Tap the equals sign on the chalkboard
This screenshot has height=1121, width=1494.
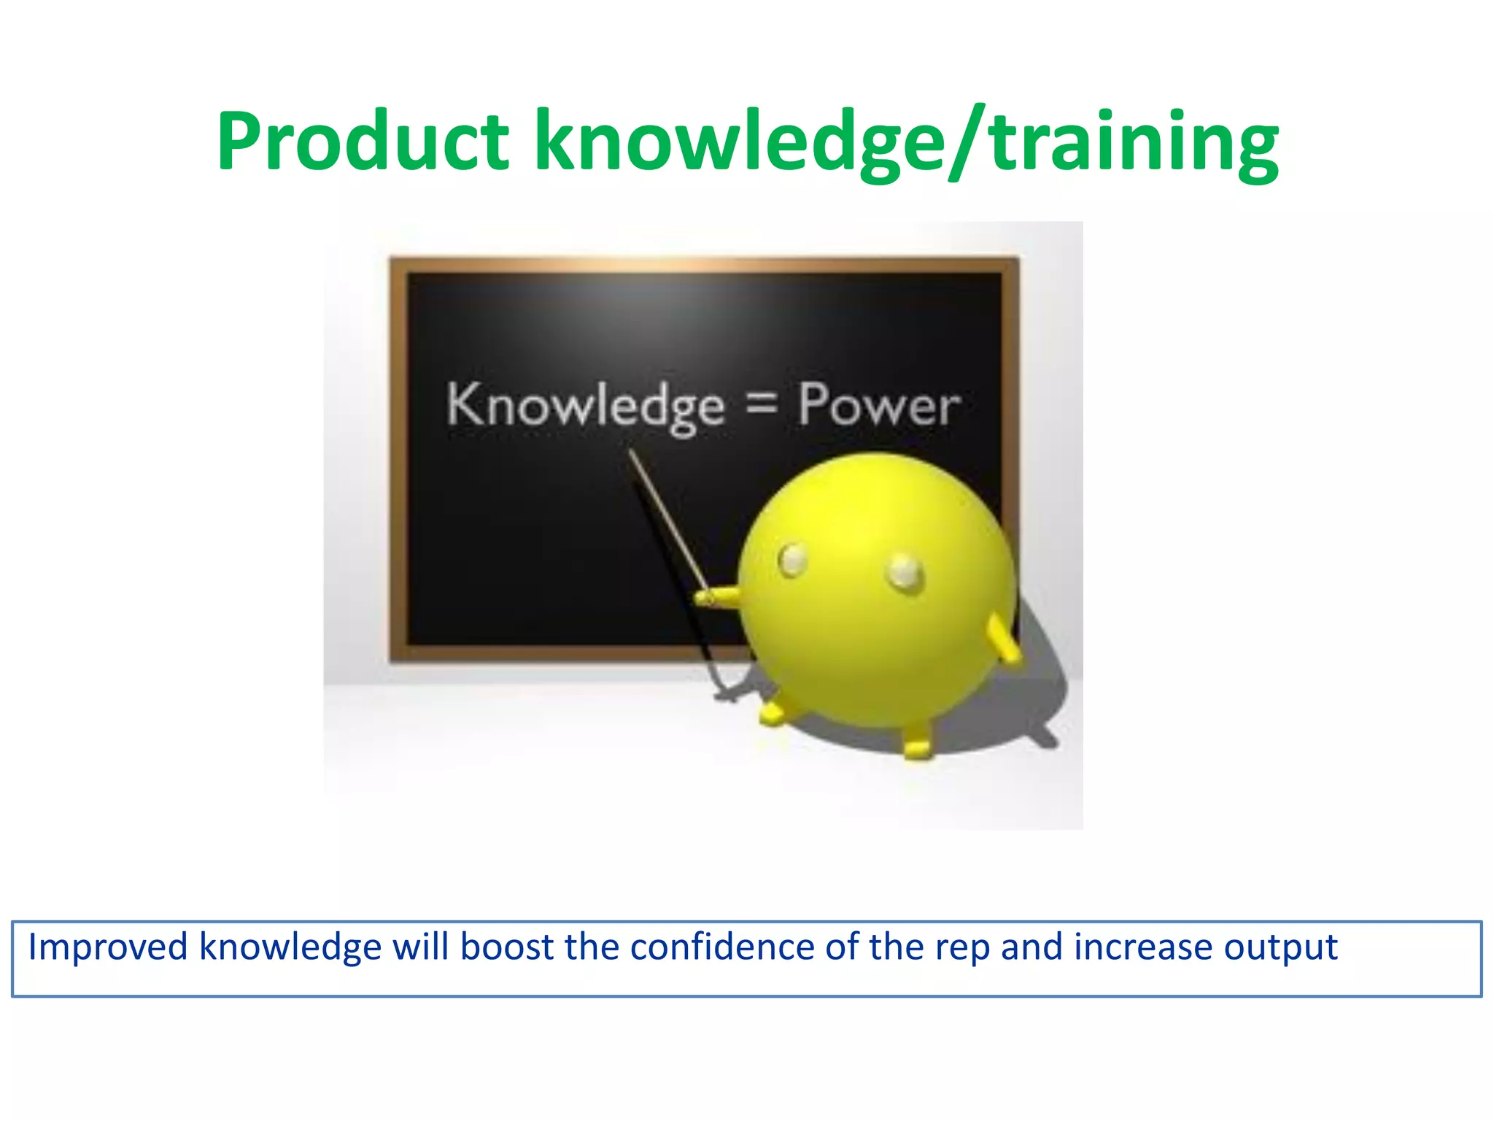coord(762,404)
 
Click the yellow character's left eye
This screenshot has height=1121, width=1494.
coord(792,560)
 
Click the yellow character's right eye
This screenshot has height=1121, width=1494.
coord(905,571)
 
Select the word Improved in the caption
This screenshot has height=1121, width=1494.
coord(108,947)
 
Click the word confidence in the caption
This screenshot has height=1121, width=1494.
coord(722,947)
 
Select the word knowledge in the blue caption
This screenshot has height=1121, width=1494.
coord(290,947)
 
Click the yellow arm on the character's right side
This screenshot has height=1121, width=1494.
coord(1004,639)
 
